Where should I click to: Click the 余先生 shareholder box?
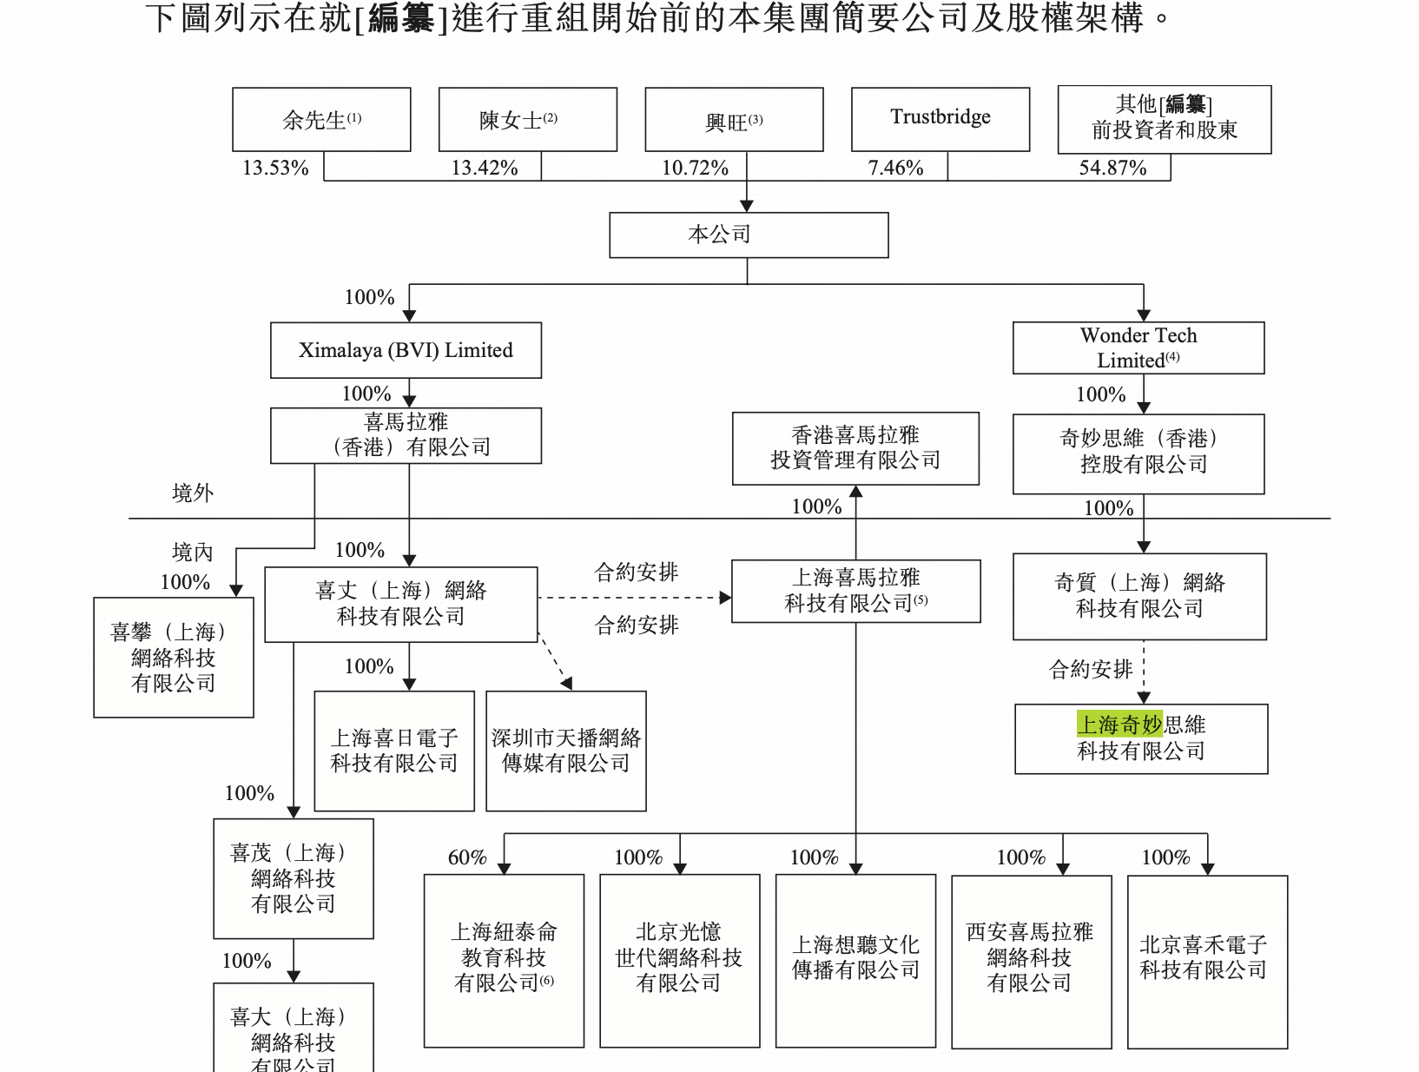coord(321,120)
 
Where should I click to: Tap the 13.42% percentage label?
coord(485,168)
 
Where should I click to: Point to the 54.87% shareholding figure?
coord(1112,168)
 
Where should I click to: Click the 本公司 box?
coord(749,235)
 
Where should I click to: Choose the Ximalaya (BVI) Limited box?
coord(406,350)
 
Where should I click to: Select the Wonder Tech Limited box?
coord(1138,347)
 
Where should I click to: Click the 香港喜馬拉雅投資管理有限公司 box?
coord(855,448)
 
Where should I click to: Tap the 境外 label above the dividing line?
coord(193,493)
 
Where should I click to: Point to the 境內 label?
coord(193,552)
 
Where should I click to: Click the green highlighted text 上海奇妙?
coord(1119,724)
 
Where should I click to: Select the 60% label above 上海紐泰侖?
coord(467,857)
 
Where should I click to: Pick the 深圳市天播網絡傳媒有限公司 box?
coord(566,751)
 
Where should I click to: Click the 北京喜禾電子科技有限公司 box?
coord(1207,961)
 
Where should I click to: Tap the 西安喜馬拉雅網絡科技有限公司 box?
coord(1031,961)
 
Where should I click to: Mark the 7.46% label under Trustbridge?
coord(895,168)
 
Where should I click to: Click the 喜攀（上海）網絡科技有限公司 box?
coord(174,657)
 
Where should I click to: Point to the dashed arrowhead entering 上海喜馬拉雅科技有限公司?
coord(725,598)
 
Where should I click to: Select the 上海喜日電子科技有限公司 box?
coord(394,751)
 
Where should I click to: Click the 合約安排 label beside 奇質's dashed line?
coord(1091,669)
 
